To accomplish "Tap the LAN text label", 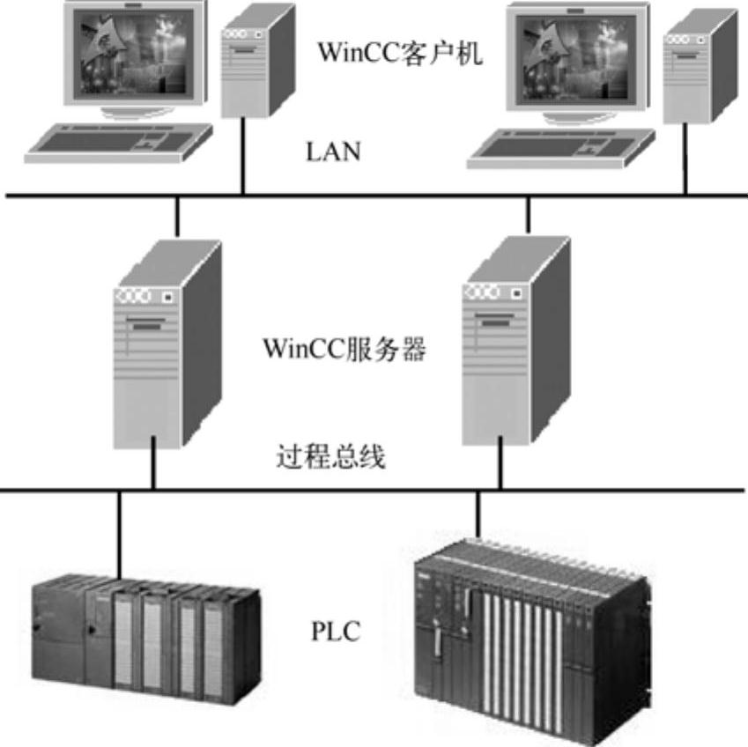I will (333, 152).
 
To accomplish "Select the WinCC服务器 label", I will (344, 350).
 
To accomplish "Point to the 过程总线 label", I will (330, 458).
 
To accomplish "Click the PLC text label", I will (335, 632).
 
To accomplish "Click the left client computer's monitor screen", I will (133, 55).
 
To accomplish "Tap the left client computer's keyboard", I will (119, 142).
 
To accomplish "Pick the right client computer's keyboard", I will (560, 148).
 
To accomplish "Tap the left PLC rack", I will (145, 634).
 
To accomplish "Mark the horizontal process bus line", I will (374, 489).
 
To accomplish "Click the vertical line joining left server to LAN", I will (177, 217).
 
